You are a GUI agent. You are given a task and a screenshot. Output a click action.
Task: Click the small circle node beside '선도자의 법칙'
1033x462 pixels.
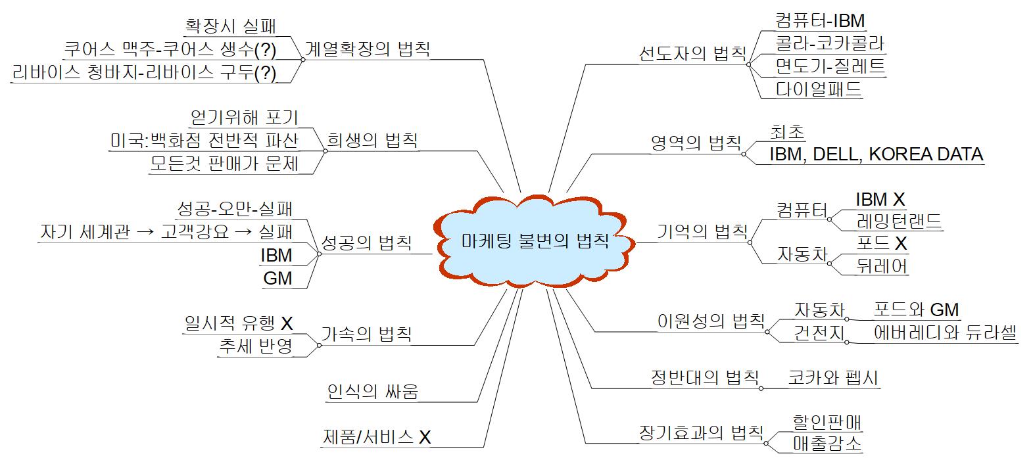tap(748, 64)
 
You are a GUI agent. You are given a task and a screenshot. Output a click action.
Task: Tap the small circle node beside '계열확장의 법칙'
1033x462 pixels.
tap(303, 60)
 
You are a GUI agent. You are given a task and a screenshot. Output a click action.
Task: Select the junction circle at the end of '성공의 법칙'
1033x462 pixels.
tap(319, 254)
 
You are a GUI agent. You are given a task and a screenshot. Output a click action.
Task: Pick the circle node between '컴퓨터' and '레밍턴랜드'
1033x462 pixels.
tap(829, 219)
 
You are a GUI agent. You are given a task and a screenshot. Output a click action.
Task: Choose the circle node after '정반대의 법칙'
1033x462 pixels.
tap(761, 388)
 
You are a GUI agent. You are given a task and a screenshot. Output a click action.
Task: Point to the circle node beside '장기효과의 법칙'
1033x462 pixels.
tap(765, 444)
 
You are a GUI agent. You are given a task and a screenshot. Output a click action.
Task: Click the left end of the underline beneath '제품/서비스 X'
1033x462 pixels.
tap(321, 448)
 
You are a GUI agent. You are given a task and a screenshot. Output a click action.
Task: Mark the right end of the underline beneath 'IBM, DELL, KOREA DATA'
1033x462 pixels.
tap(984, 164)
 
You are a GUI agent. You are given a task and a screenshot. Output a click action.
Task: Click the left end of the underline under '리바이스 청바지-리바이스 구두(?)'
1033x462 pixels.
tap(11, 83)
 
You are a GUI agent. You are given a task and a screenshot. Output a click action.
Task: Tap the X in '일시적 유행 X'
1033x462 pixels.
tap(287, 323)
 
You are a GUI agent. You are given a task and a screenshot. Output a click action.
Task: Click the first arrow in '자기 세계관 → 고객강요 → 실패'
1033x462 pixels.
tap(145, 231)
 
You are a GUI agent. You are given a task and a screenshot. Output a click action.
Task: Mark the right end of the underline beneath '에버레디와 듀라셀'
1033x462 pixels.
tap(1019, 344)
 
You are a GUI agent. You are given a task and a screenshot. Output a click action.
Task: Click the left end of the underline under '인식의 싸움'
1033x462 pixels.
tap(325, 402)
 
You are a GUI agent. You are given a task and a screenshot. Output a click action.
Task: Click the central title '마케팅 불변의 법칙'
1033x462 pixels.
tap(535, 241)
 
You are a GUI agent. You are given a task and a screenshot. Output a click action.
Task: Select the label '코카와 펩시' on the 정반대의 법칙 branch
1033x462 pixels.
tap(833, 378)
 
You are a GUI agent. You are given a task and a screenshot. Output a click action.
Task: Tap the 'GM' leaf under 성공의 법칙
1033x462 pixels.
tap(277, 279)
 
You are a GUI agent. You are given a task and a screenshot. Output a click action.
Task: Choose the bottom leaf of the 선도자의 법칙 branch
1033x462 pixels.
tap(819, 89)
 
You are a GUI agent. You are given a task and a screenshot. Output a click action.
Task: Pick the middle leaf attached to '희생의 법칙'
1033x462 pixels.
tap(204, 141)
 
